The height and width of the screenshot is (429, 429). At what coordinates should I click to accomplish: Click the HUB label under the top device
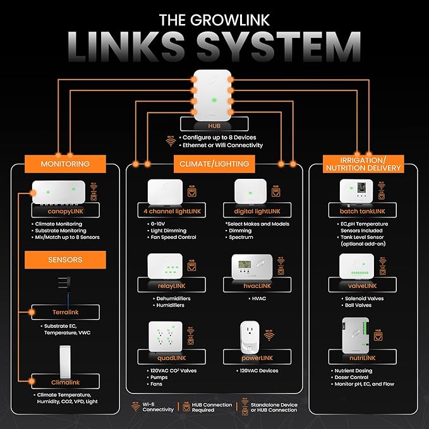click(214, 125)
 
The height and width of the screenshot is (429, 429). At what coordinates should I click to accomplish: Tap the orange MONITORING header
click(65, 164)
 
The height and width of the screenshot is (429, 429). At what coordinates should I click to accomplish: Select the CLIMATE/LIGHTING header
click(214, 164)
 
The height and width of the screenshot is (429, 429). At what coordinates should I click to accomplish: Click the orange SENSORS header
click(65, 260)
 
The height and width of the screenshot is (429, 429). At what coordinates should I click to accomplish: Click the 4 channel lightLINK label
click(169, 211)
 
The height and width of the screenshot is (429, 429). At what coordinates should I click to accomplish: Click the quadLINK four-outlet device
click(166, 335)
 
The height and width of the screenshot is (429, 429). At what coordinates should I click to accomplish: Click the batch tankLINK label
click(363, 211)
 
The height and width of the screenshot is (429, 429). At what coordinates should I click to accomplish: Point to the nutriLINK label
click(363, 358)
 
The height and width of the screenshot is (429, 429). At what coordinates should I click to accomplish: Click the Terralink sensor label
click(65, 312)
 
